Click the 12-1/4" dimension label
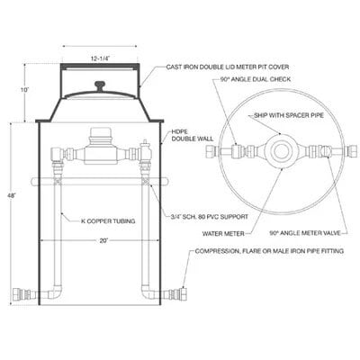tap(101, 55)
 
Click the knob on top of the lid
tap(101, 85)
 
